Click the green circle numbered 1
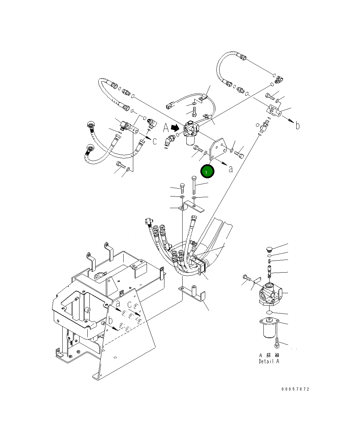tap(207, 171)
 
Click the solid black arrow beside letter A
tap(175, 128)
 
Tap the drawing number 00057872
tap(295, 389)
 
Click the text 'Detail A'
tap(269, 361)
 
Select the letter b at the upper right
tap(297, 126)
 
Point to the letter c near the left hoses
tap(154, 141)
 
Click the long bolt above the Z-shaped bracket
tap(194, 185)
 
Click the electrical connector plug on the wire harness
tap(170, 106)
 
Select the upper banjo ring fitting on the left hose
tap(91, 125)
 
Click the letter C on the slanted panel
tap(129, 304)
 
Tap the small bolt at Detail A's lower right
tap(277, 342)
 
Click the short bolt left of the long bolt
tap(182, 188)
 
